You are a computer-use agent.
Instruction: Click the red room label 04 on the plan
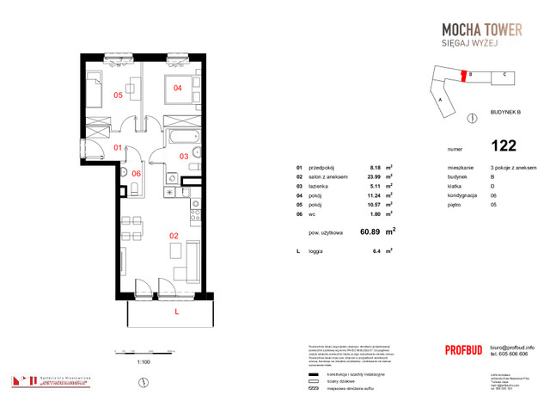(x=178, y=87)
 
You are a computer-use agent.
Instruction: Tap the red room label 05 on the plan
(x=118, y=96)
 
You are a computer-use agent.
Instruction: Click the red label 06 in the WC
(x=136, y=174)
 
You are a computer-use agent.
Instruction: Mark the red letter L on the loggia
(x=176, y=312)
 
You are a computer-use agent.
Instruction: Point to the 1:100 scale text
(x=144, y=362)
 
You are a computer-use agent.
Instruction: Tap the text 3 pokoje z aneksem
(x=506, y=167)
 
